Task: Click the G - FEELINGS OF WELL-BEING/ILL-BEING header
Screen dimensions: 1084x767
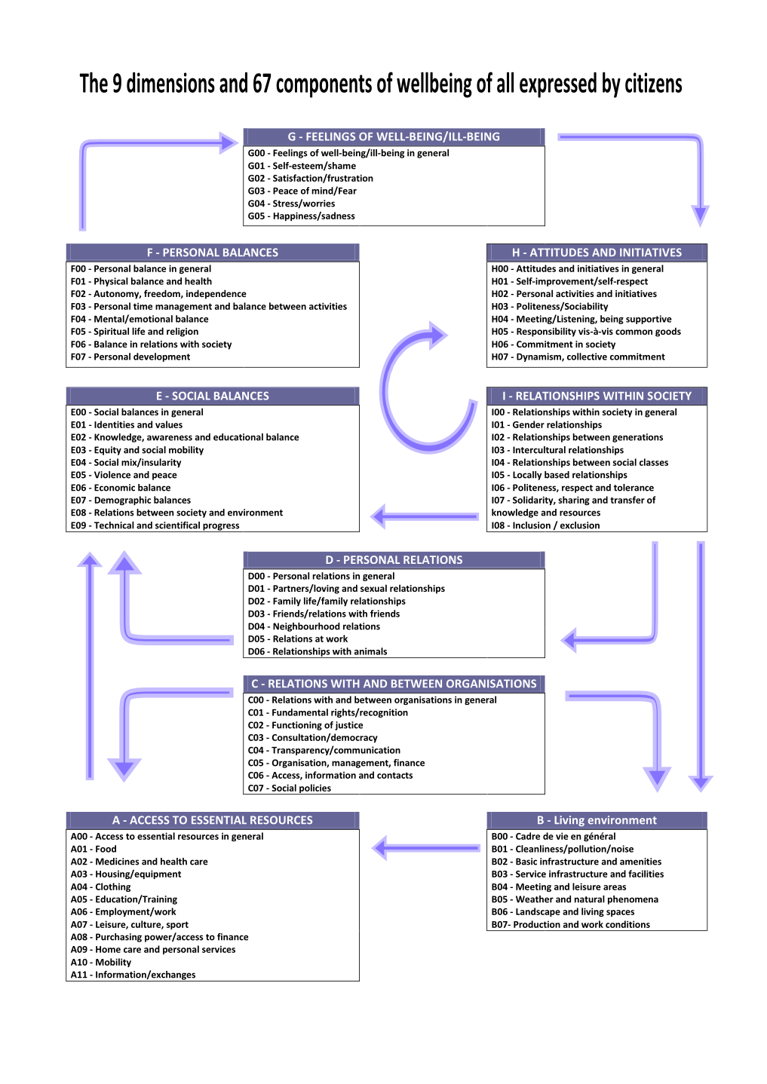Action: pyautogui.click(x=394, y=136)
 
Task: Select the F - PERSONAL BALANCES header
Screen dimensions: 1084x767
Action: pyautogui.click(x=213, y=253)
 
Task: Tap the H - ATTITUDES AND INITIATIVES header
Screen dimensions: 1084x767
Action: pyautogui.click(x=597, y=253)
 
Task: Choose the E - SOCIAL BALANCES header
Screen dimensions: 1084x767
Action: pyautogui.click(x=213, y=396)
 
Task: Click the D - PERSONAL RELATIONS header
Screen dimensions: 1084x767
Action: pyautogui.click(x=394, y=560)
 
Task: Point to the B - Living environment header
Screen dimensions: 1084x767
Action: pyautogui.click(x=597, y=820)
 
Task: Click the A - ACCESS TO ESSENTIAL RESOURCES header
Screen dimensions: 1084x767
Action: pyautogui.click(x=213, y=820)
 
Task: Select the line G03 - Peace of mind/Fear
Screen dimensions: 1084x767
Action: pyautogui.click(x=302, y=191)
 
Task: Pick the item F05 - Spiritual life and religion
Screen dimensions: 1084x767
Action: pyautogui.click(x=134, y=332)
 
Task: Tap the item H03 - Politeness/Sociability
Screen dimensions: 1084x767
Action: pyautogui.click(x=550, y=306)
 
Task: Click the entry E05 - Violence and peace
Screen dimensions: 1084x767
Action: pyautogui.click(x=124, y=475)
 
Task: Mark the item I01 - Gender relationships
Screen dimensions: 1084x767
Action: pyautogui.click(x=547, y=425)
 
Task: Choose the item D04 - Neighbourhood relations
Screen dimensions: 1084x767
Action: pyautogui.click(x=314, y=626)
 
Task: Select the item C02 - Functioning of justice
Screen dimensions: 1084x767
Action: pyautogui.click(x=305, y=725)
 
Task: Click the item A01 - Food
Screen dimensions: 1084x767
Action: pyautogui.click(x=94, y=849)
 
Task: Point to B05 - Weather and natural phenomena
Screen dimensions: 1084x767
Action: pyautogui.click(x=575, y=899)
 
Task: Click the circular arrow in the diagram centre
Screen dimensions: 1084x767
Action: pyautogui.click(x=419, y=392)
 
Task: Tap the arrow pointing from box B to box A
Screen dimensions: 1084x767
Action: pyautogui.click(x=426, y=848)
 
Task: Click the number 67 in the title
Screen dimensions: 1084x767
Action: pyautogui.click(x=262, y=84)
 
